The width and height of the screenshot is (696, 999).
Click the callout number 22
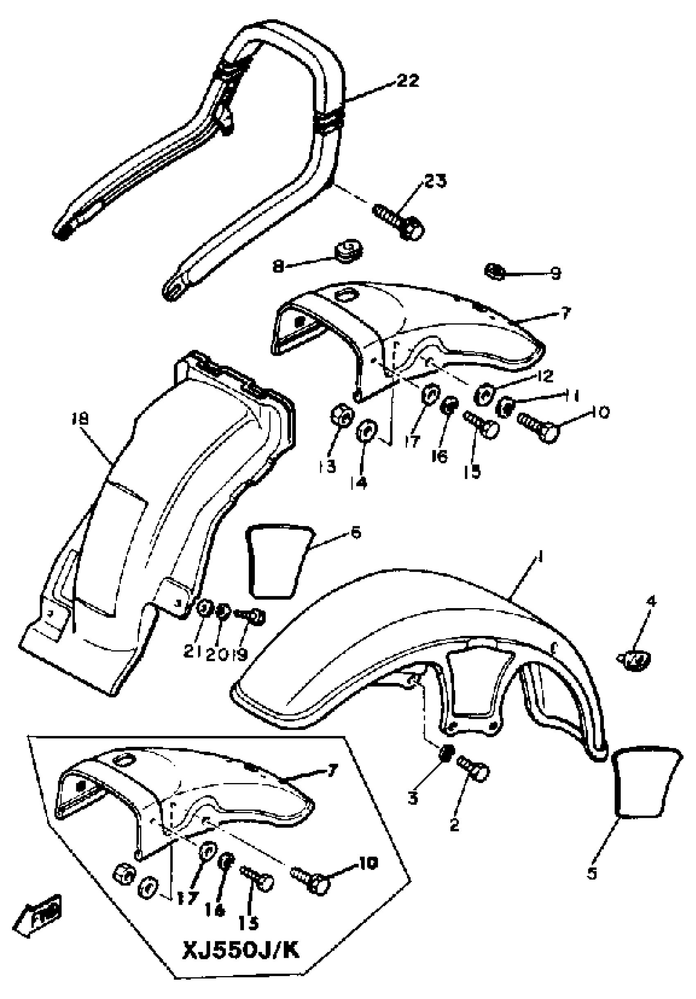[407, 81]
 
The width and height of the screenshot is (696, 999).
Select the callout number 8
[278, 266]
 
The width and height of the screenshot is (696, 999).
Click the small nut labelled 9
[494, 272]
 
